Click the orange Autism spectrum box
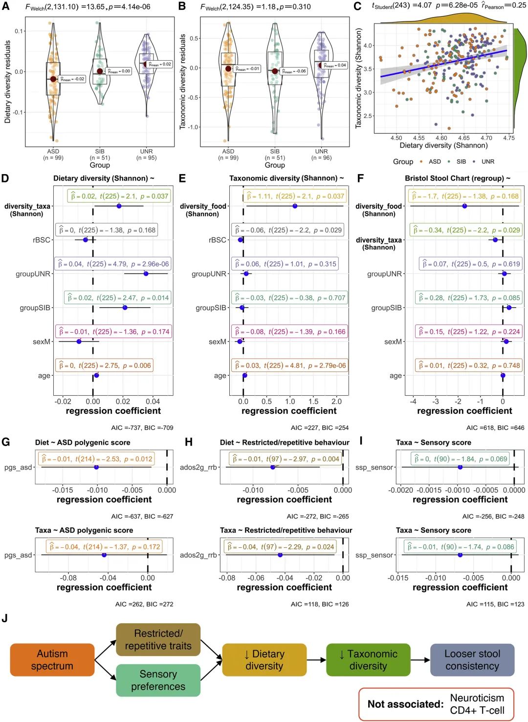tap(52, 660)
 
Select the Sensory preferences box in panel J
tap(158, 680)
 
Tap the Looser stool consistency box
tap(472, 660)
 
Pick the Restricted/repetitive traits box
tap(158, 639)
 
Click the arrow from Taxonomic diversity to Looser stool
tap(420, 660)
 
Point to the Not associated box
tap(436, 704)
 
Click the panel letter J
tap(5, 618)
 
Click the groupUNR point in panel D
tap(146, 273)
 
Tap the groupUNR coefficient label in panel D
tap(113, 264)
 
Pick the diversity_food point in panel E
tap(294, 206)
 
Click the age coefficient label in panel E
tap(289, 365)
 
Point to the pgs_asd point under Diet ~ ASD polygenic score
tap(96, 467)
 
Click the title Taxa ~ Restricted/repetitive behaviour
tap(286, 530)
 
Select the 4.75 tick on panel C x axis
tap(508, 138)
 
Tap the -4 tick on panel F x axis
tap(413, 401)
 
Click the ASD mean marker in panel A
tap(53, 79)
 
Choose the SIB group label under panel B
tap(275, 152)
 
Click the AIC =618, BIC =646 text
tap(495, 428)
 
